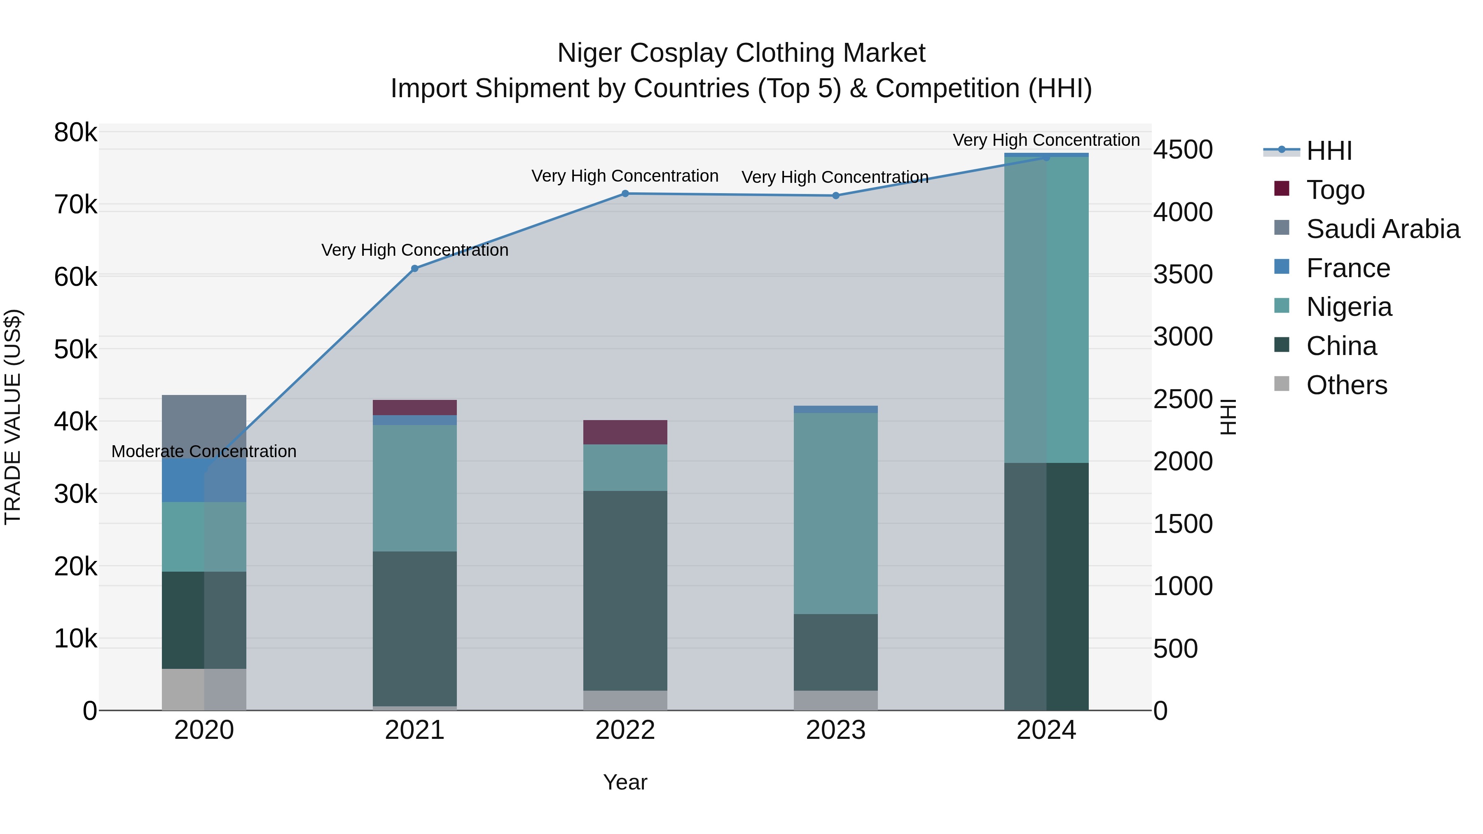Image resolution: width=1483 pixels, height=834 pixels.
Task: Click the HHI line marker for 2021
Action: coord(414,268)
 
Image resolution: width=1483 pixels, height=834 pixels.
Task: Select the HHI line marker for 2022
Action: coord(625,194)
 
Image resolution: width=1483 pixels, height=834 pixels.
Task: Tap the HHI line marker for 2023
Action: coord(836,196)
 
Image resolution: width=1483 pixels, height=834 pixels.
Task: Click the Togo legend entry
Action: coord(1335,189)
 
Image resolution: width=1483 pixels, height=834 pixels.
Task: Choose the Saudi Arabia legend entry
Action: coord(1382,229)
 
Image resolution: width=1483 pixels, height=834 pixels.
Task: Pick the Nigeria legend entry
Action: coord(1348,307)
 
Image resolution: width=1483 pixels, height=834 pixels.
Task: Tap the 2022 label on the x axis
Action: coord(625,730)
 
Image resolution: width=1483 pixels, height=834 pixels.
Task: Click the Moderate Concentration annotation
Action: coord(204,451)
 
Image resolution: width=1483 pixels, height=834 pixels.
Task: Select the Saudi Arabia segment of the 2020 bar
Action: coord(204,420)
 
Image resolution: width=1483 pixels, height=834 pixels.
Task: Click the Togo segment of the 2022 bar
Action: coord(625,432)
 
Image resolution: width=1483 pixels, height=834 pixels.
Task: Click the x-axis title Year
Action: coord(625,782)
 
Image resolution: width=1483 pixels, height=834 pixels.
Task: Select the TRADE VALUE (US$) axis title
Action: coord(13,417)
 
